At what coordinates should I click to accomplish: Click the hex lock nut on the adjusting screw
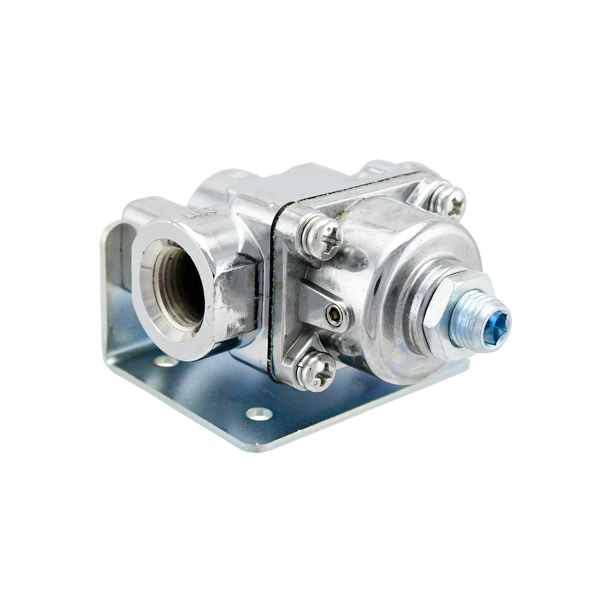pyautogui.click(x=453, y=314)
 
